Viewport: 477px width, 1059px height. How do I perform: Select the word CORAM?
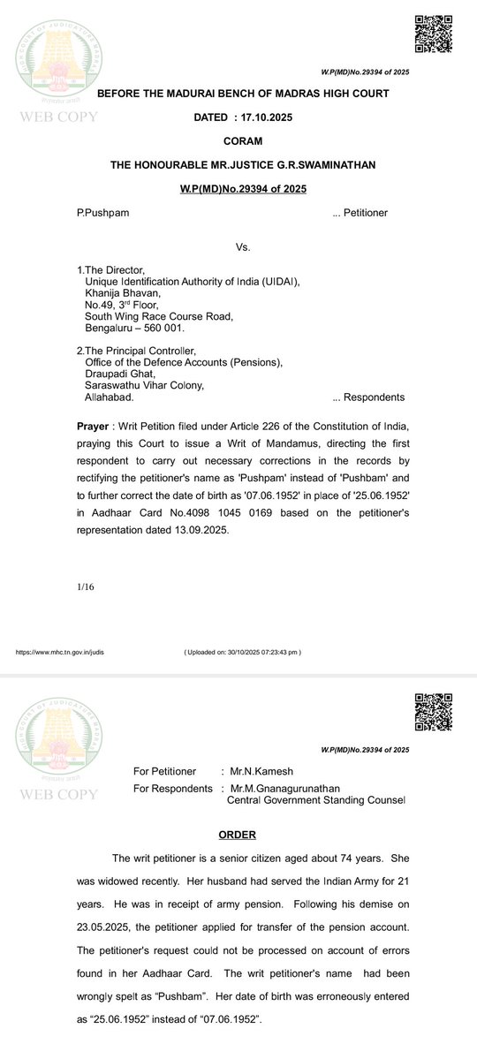(x=237, y=140)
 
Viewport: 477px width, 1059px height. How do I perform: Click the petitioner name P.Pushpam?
(x=105, y=213)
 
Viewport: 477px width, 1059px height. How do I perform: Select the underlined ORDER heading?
(x=237, y=835)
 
